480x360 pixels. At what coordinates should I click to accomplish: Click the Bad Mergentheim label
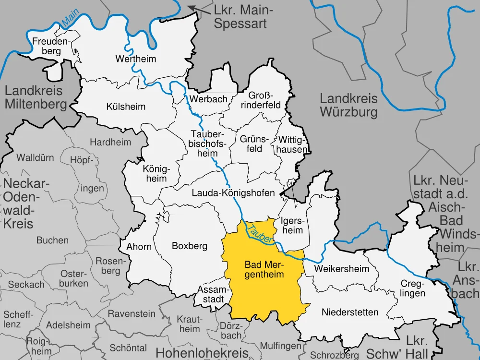click(x=264, y=269)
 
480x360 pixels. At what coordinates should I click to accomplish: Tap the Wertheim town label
click(x=136, y=59)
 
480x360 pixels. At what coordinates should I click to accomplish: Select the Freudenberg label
click(x=51, y=46)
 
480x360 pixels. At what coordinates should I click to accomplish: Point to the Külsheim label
click(x=126, y=106)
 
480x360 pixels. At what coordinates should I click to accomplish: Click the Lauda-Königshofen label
click(x=233, y=193)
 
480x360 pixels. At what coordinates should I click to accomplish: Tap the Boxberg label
click(x=190, y=246)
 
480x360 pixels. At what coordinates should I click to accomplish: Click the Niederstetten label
click(x=343, y=312)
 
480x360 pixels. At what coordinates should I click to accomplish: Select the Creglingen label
click(x=413, y=288)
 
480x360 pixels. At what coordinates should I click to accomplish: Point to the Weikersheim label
click(x=342, y=269)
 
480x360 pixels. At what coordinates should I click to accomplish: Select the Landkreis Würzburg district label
click(x=349, y=106)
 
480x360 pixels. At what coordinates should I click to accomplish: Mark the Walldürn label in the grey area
click(x=36, y=157)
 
